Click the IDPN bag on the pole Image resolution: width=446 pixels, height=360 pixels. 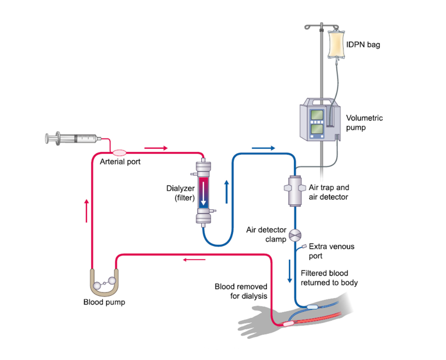[336, 44]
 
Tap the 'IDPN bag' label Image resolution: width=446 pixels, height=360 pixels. [363, 45]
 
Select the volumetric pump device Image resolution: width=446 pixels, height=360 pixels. [320, 119]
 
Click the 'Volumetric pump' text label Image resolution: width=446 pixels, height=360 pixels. [364, 123]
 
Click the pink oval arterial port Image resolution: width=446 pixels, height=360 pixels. [119, 153]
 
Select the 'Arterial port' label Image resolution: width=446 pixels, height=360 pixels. [120, 162]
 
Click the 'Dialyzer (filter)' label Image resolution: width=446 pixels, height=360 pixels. [180, 193]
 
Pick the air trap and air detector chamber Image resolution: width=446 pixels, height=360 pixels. [295, 191]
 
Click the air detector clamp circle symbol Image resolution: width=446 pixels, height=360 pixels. [295, 236]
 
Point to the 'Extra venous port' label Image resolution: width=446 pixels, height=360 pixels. [332, 251]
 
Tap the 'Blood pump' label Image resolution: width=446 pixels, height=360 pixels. [104, 302]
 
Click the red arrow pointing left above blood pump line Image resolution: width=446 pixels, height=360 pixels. [194, 259]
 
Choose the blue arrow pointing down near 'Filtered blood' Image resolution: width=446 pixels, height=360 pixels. [289, 271]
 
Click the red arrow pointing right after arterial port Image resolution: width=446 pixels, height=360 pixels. [156, 148]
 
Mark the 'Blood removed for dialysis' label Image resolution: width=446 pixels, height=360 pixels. [241, 291]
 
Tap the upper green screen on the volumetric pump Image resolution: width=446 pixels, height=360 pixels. [317, 115]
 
